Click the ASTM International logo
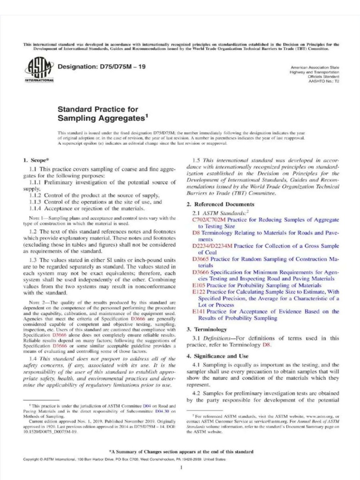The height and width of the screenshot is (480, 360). point(39,71)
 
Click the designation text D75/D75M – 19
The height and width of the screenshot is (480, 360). point(101,67)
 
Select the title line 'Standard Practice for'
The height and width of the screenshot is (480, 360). point(97,110)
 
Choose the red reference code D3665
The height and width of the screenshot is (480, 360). point(201,259)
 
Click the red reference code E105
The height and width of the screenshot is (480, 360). point(199,285)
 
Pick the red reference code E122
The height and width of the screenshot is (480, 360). point(199,292)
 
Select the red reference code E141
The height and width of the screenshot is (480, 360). point(199,311)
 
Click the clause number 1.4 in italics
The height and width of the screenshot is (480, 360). point(33,358)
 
